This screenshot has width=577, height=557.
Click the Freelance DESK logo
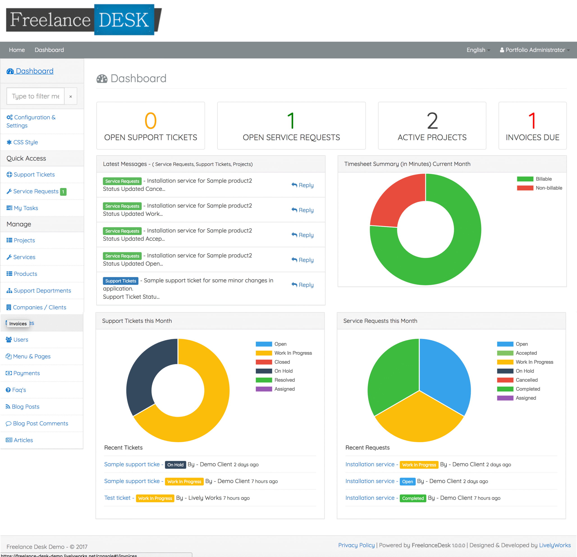(84, 20)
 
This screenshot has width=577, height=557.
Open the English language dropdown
(478, 50)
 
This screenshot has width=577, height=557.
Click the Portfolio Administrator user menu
(535, 50)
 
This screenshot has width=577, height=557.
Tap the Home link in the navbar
(17, 50)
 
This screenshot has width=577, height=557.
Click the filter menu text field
(36, 96)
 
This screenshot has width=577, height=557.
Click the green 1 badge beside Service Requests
(63, 192)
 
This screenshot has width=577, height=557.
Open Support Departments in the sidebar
(42, 291)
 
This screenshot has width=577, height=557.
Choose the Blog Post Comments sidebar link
(40, 423)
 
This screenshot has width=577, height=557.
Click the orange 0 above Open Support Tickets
(150, 121)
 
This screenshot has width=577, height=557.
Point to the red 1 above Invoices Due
(532, 121)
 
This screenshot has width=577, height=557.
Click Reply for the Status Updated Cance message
(303, 185)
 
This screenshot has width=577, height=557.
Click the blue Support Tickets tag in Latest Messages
(120, 281)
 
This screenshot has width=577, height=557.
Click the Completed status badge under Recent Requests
(413, 498)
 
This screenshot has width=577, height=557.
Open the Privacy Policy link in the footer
(356, 545)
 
